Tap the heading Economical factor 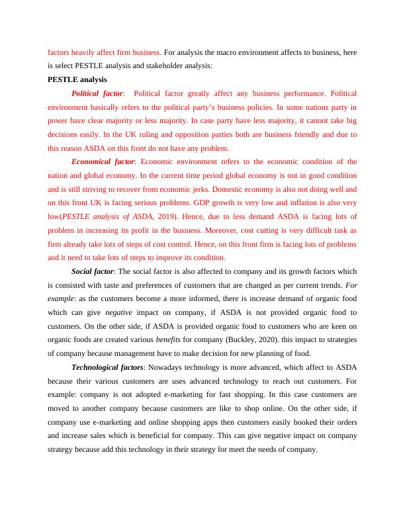(103, 161)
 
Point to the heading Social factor (93, 271)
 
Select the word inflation (312, 202)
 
